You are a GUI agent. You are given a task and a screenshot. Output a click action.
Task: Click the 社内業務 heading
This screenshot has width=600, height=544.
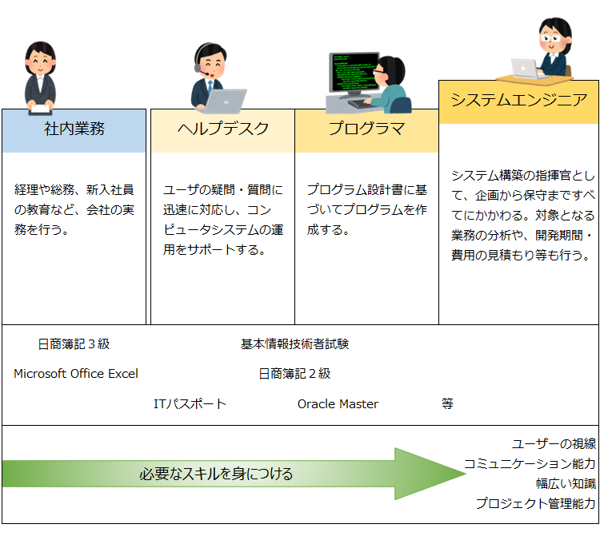pos(74,129)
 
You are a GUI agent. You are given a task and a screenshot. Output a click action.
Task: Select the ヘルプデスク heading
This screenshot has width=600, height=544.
pos(223,129)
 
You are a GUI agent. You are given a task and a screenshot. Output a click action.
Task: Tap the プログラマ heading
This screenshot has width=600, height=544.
pos(366,129)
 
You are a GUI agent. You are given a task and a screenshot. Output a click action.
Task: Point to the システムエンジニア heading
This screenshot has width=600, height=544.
pos(519,100)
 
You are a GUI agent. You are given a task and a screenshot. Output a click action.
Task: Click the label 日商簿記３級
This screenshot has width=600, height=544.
pos(74,344)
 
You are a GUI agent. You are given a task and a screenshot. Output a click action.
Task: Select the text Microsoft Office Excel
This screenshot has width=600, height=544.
pos(76,373)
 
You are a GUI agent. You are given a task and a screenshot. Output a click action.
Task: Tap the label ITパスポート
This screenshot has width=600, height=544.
pos(190,403)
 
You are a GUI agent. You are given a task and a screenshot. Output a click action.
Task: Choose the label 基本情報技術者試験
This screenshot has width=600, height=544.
pos(294,344)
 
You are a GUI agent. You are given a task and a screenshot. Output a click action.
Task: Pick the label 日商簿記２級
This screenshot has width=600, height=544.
pos(294,373)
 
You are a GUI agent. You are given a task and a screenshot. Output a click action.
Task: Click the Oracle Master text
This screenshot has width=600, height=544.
pos(338,403)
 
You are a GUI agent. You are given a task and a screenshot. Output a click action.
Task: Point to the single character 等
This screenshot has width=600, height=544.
pos(447,403)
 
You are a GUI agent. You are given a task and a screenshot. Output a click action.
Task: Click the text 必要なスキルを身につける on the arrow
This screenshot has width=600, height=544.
pos(216,474)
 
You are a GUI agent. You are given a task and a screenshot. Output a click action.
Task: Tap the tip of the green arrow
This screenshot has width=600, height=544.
pos(466,474)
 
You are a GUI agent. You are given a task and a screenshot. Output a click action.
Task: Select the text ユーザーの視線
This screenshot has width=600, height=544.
pos(554,444)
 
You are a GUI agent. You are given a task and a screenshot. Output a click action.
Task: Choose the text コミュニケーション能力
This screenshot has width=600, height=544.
pos(530,464)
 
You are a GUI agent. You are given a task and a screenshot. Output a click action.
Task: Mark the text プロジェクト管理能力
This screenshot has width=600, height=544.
pos(536,503)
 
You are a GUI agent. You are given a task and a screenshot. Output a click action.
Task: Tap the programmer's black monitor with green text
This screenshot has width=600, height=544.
pos(354,73)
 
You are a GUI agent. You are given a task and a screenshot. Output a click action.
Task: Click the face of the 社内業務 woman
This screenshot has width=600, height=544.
pos(41,62)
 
